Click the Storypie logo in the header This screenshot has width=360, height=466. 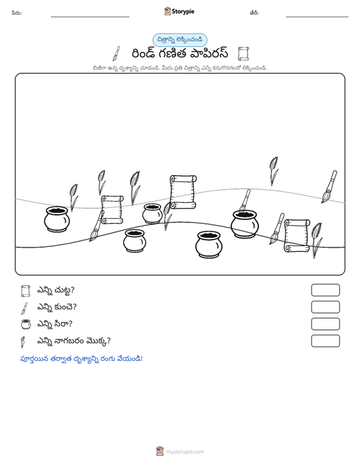[179, 11]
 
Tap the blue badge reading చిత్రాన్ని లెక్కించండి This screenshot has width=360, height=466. [179, 40]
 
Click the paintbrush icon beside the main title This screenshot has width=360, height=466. [116, 53]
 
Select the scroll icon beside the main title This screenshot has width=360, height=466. [243, 54]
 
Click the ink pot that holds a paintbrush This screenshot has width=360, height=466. [244, 224]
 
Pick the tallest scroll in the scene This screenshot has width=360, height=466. [183, 192]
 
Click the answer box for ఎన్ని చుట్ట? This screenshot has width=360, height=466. [325, 290]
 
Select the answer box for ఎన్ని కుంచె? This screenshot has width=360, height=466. [325, 307]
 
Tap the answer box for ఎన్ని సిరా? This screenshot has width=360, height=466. [325, 324]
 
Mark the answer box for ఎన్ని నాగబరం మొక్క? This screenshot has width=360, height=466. [325, 341]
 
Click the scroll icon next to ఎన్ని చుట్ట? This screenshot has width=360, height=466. [25, 291]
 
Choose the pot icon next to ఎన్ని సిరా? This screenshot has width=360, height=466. [26, 324]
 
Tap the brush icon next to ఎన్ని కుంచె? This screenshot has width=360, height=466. [24, 308]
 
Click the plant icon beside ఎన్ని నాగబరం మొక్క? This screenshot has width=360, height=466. [23, 342]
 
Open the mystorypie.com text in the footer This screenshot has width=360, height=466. [185, 452]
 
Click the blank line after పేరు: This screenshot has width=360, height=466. [90, 17]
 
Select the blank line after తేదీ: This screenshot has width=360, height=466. [317, 17]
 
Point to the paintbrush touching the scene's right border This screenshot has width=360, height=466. [329, 187]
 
